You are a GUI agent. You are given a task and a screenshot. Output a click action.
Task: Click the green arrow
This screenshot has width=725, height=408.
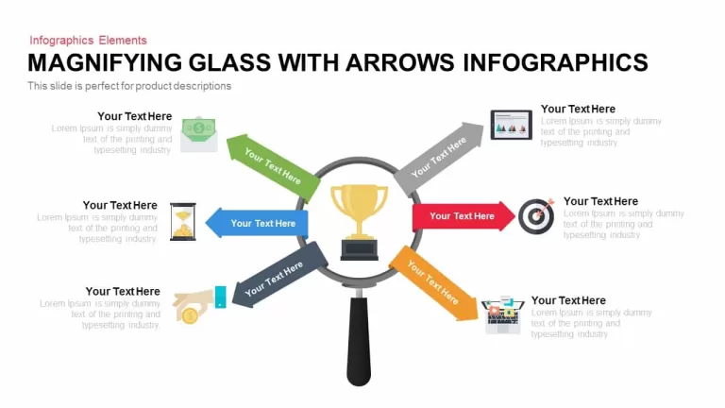point(273,167)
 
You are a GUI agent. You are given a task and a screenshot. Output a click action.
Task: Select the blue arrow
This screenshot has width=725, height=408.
point(257,223)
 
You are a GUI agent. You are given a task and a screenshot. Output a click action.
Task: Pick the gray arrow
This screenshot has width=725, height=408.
point(438,159)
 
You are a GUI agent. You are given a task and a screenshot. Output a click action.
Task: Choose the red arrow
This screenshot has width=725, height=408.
point(464,216)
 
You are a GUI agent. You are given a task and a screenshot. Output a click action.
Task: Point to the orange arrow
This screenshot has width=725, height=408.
point(433,283)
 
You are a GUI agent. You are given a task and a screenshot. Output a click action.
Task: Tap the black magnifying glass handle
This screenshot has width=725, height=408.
point(359,341)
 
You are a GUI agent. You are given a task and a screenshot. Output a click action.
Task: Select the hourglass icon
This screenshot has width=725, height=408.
point(183,222)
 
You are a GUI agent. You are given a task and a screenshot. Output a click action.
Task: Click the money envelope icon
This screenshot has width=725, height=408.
point(199,134)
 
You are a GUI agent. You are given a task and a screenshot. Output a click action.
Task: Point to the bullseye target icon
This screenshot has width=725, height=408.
point(536,216)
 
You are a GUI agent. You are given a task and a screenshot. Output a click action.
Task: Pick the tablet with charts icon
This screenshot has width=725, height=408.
point(512,125)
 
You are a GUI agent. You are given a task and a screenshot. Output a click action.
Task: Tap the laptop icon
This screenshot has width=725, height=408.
point(503,314)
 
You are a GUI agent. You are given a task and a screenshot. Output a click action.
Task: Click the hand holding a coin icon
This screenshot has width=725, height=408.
point(199,304)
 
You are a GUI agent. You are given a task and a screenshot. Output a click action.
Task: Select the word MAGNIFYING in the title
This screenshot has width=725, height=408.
point(105,63)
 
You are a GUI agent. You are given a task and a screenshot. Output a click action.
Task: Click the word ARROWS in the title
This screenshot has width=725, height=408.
point(400,63)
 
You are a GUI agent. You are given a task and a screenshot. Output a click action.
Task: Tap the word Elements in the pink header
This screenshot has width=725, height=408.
point(123,41)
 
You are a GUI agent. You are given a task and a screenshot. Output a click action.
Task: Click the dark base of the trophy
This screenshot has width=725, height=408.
point(360,249)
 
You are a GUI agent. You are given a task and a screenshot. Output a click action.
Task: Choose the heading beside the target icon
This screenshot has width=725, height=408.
point(600,201)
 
